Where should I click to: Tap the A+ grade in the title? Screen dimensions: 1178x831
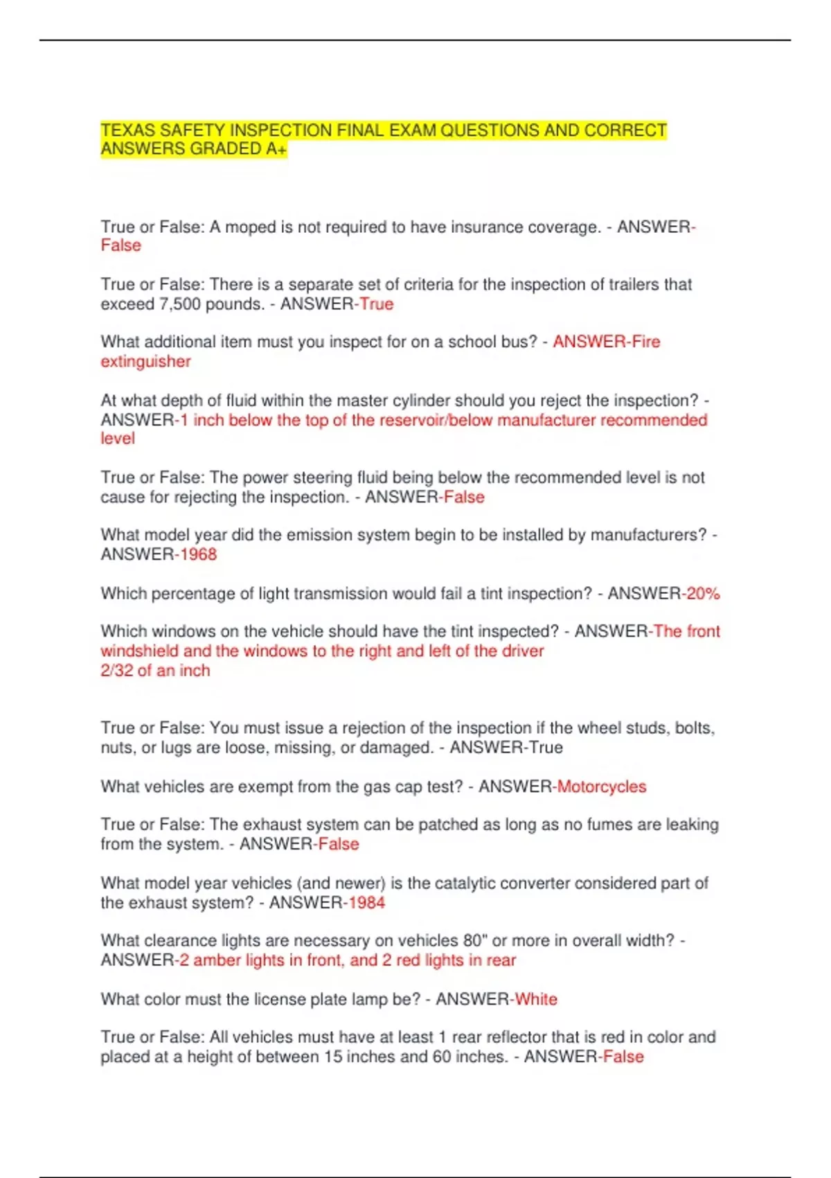pyautogui.click(x=276, y=149)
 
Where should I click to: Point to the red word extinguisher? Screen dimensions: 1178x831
pyautogui.click(x=145, y=362)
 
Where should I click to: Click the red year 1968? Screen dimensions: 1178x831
pyautogui.click(x=198, y=554)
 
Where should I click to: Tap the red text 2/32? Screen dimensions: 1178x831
pyautogui.click(x=116, y=671)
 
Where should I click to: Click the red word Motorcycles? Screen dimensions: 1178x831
pyautogui.click(x=602, y=787)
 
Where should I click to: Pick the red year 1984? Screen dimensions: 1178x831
pyautogui.click(x=366, y=903)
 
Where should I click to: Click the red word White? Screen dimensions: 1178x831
pyautogui.click(x=536, y=999)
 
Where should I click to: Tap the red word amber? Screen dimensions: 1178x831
pyautogui.click(x=215, y=960)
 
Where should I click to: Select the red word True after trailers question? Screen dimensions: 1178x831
pyautogui.click(x=376, y=304)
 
